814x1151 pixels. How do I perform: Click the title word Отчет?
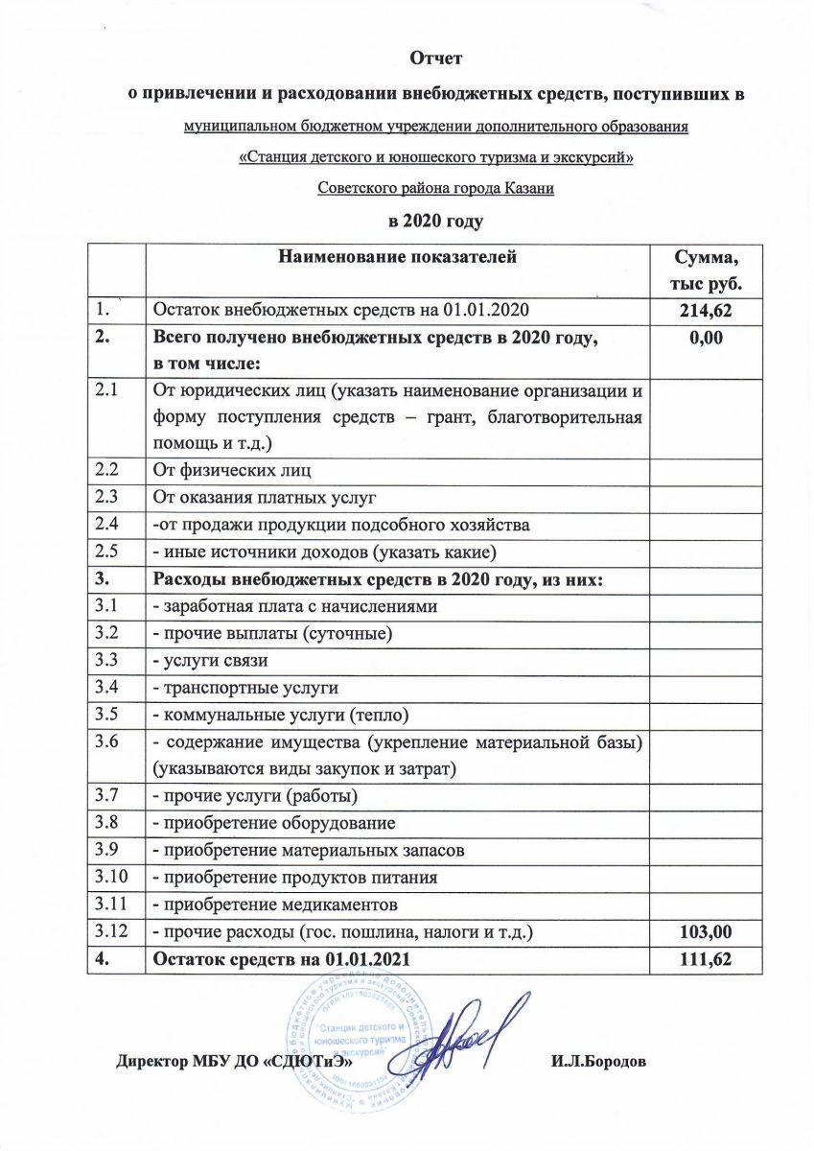click(436, 59)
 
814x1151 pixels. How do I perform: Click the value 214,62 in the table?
click(708, 310)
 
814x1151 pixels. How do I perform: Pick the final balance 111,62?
click(708, 957)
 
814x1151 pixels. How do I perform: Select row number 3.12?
click(109, 930)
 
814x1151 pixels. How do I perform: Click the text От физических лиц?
click(231, 470)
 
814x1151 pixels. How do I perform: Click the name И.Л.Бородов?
click(598, 1062)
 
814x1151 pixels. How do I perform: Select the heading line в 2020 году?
click(436, 221)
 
